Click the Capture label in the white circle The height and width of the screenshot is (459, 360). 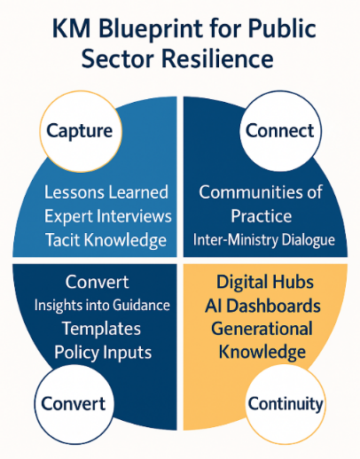[x=80, y=131]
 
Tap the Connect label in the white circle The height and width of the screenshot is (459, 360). [x=279, y=130]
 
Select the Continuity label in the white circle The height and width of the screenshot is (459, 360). [x=286, y=404]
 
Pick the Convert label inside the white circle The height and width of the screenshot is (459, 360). [x=74, y=403]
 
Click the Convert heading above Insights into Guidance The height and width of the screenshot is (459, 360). [x=98, y=282]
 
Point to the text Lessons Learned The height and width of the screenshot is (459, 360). [x=106, y=192]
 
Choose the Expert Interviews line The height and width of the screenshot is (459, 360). [x=108, y=216]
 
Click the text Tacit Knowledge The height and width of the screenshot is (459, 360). [x=106, y=240]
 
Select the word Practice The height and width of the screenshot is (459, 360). [x=262, y=216]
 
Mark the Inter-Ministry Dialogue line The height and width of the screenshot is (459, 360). [x=264, y=240]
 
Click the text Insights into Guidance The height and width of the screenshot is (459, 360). [x=102, y=305]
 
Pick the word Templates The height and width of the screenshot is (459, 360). [x=101, y=329]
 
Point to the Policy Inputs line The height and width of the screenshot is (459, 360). [x=103, y=353]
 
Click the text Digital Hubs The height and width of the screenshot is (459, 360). [x=265, y=282]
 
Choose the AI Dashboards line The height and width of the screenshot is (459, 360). [x=262, y=306]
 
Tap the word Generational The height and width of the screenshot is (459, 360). [x=262, y=329]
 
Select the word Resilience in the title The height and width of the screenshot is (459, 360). [x=217, y=58]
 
